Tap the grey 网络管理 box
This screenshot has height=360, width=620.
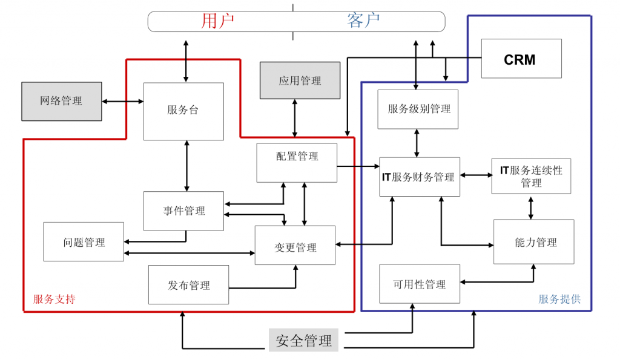coord(62,101)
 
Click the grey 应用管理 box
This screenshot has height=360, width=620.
coord(300,80)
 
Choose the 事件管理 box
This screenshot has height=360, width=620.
coord(183,211)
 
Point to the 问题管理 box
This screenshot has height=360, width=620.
coord(84,242)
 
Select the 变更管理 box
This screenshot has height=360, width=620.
coord(295,245)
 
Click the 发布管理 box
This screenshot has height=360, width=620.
coord(188,284)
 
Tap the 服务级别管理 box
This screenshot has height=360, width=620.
coord(418,109)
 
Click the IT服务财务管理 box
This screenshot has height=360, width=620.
coord(419,177)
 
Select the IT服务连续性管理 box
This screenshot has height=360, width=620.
coord(531,176)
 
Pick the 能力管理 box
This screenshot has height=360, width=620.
coord(533,242)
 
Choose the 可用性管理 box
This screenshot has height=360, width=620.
coord(419,284)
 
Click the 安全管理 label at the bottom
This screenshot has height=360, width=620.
coord(303,340)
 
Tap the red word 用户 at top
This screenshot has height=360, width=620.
coord(217,21)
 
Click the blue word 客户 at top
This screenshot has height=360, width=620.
coord(363,21)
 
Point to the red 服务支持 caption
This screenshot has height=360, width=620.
coord(54,299)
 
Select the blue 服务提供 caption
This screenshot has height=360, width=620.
coord(559,299)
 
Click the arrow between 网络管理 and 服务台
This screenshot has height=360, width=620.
coord(123,101)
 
